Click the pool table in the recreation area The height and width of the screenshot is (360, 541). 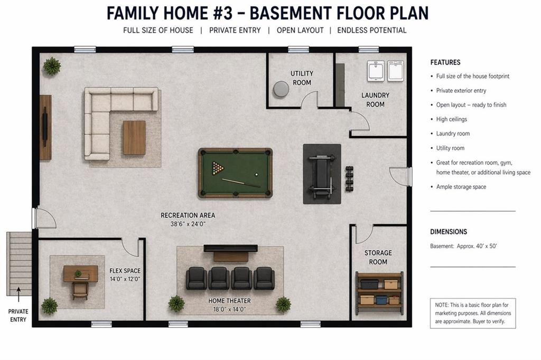(235, 173)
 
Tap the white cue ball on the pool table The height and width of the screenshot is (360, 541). (257, 175)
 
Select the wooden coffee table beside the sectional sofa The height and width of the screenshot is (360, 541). (134, 138)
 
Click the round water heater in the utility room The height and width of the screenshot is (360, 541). (281, 89)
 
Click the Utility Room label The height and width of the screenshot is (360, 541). (302, 78)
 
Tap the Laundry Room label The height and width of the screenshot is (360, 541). (375, 100)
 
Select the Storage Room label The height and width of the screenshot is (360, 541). (378, 258)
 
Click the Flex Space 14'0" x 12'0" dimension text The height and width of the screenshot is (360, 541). (125, 279)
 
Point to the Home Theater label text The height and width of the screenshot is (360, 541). (229, 301)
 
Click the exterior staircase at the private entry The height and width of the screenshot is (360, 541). (20, 264)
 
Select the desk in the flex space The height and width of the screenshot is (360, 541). (80, 273)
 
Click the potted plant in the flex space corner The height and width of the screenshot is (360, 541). (49, 306)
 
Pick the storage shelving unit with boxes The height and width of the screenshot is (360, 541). (379, 291)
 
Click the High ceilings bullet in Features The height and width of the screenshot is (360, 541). (451, 119)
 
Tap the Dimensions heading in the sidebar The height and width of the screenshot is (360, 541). (449, 232)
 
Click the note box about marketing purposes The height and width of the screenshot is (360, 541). (472, 313)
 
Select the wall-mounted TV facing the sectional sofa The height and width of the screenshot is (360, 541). (45, 127)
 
